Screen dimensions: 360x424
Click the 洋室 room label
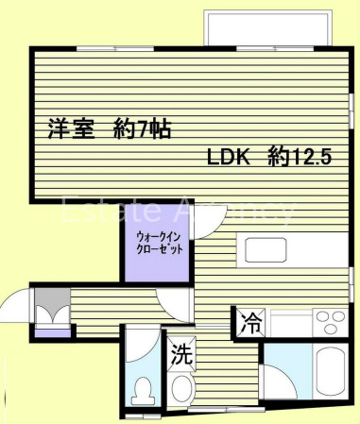[x=72, y=128]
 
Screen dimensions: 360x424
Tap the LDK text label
[x=229, y=157]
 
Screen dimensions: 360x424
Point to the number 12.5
[x=313, y=157]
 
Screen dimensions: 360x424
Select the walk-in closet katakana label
[x=159, y=243]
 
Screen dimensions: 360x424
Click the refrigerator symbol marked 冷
[x=251, y=323]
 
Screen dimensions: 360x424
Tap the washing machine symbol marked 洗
[x=181, y=354]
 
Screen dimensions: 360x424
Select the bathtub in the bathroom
[x=331, y=372]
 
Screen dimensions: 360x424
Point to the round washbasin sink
[x=181, y=388]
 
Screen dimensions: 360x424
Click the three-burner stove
[x=331, y=322]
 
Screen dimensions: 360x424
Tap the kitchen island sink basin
[x=266, y=250]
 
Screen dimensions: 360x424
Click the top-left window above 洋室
[x=115, y=49]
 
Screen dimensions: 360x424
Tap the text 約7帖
[x=142, y=128]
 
